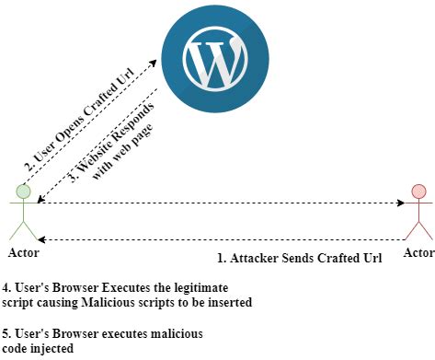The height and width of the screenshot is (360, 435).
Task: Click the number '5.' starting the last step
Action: tap(8, 331)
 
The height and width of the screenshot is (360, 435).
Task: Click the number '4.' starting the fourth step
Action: tap(8, 287)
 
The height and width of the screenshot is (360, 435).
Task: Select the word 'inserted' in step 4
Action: tap(229, 302)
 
